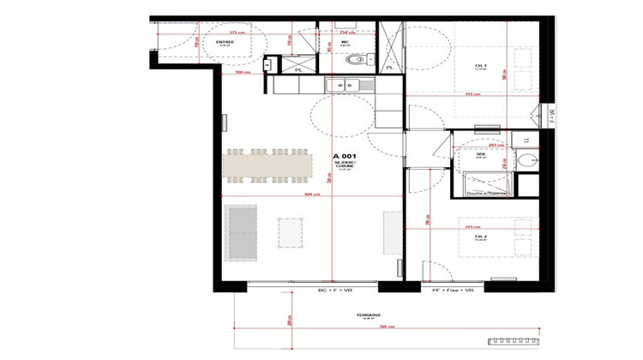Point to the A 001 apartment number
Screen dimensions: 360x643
(x=345, y=156)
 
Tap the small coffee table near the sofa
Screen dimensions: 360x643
(x=291, y=231)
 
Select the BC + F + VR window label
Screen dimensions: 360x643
(x=331, y=292)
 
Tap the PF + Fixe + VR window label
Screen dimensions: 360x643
(x=450, y=292)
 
